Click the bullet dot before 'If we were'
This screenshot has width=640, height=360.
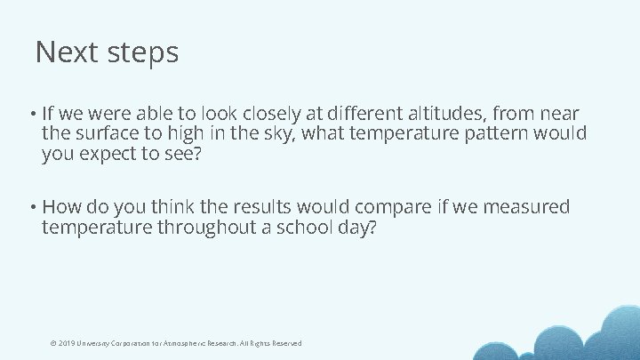click(x=31, y=115)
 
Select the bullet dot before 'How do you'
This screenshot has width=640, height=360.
click(x=31, y=208)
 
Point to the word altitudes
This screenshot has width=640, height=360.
click(x=444, y=114)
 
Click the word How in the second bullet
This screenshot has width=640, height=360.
click(x=60, y=207)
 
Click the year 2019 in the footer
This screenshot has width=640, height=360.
click(x=67, y=343)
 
